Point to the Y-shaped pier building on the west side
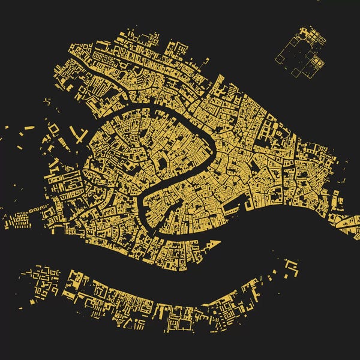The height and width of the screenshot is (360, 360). click(77, 133)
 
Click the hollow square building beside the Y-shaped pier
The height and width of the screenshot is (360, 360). click(54, 129)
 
